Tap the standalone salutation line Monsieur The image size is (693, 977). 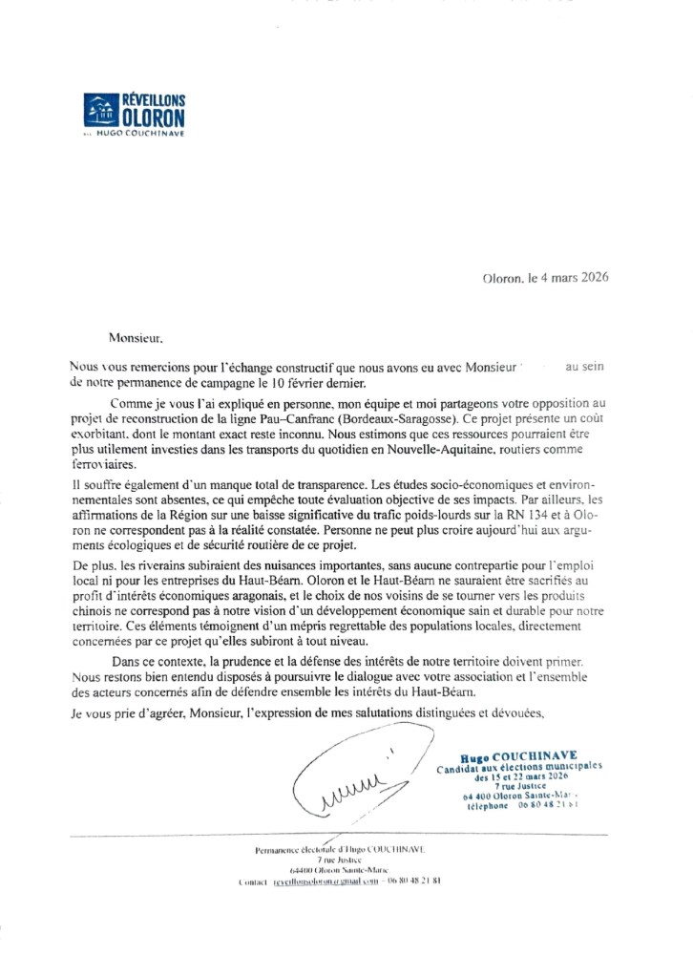pyautogui.click(x=135, y=337)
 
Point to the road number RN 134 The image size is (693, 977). pyautogui.click(x=535, y=515)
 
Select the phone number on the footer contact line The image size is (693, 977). pyautogui.click(x=411, y=882)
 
